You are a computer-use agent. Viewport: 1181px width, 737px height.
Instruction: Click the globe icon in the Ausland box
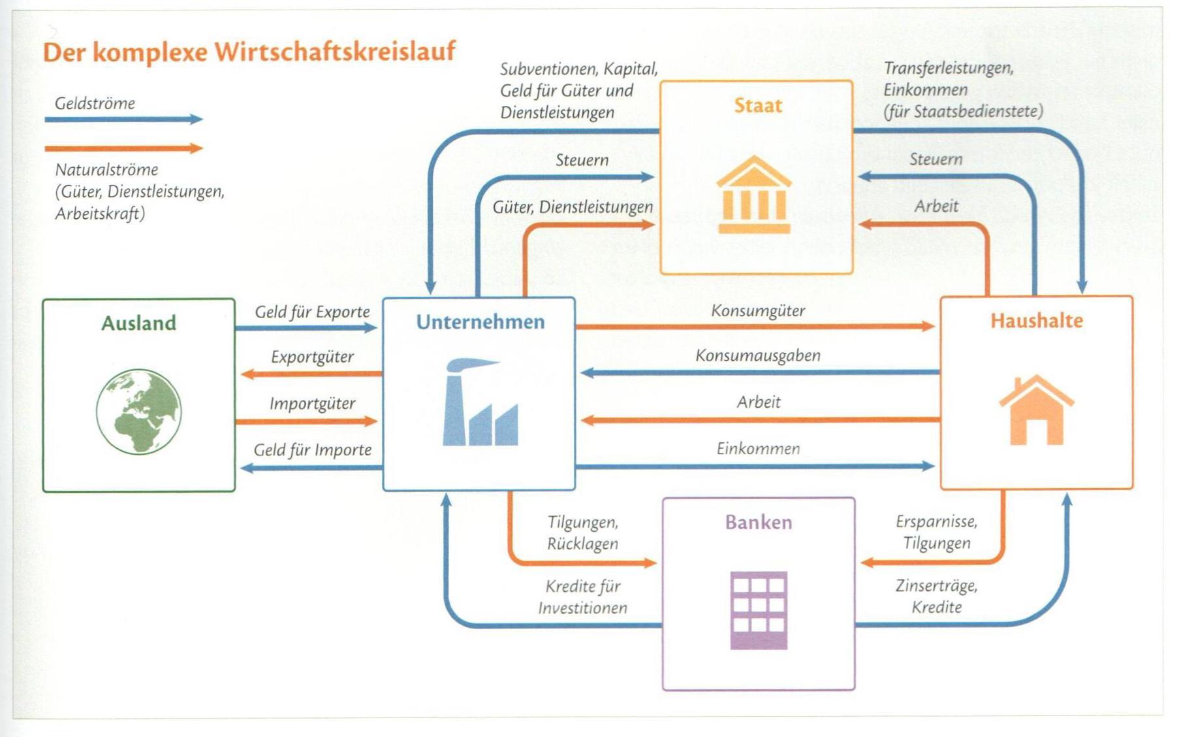138,412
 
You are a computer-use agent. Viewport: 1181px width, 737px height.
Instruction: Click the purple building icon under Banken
758,610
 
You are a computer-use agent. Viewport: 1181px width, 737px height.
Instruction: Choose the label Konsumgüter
758,310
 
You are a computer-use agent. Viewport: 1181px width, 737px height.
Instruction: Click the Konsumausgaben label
758,355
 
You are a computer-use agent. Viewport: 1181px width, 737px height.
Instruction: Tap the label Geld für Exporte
312,312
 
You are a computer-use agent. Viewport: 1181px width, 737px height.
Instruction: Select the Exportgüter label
312,357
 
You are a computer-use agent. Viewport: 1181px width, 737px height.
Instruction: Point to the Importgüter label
312,404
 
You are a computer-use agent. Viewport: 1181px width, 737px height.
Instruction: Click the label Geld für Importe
312,450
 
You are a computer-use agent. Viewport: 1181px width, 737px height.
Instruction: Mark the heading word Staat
758,105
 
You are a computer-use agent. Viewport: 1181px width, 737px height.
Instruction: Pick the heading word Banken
758,522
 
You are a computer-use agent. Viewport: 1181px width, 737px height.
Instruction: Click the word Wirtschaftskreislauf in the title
334,52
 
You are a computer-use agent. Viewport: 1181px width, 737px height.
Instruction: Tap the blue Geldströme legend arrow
124,120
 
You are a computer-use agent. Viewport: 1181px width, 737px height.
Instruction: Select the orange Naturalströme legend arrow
124,148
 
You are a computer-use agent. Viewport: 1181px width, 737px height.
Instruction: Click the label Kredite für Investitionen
582,597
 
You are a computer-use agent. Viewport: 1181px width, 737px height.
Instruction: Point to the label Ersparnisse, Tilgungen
936,532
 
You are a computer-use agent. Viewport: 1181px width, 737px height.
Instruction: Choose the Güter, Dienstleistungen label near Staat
573,207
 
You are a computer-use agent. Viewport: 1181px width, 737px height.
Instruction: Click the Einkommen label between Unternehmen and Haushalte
758,449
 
